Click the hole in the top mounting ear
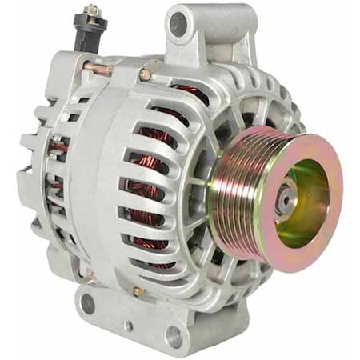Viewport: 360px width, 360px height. [178, 24]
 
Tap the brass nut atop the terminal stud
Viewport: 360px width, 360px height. [93, 10]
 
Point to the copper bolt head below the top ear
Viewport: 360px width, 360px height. [145, 75]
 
